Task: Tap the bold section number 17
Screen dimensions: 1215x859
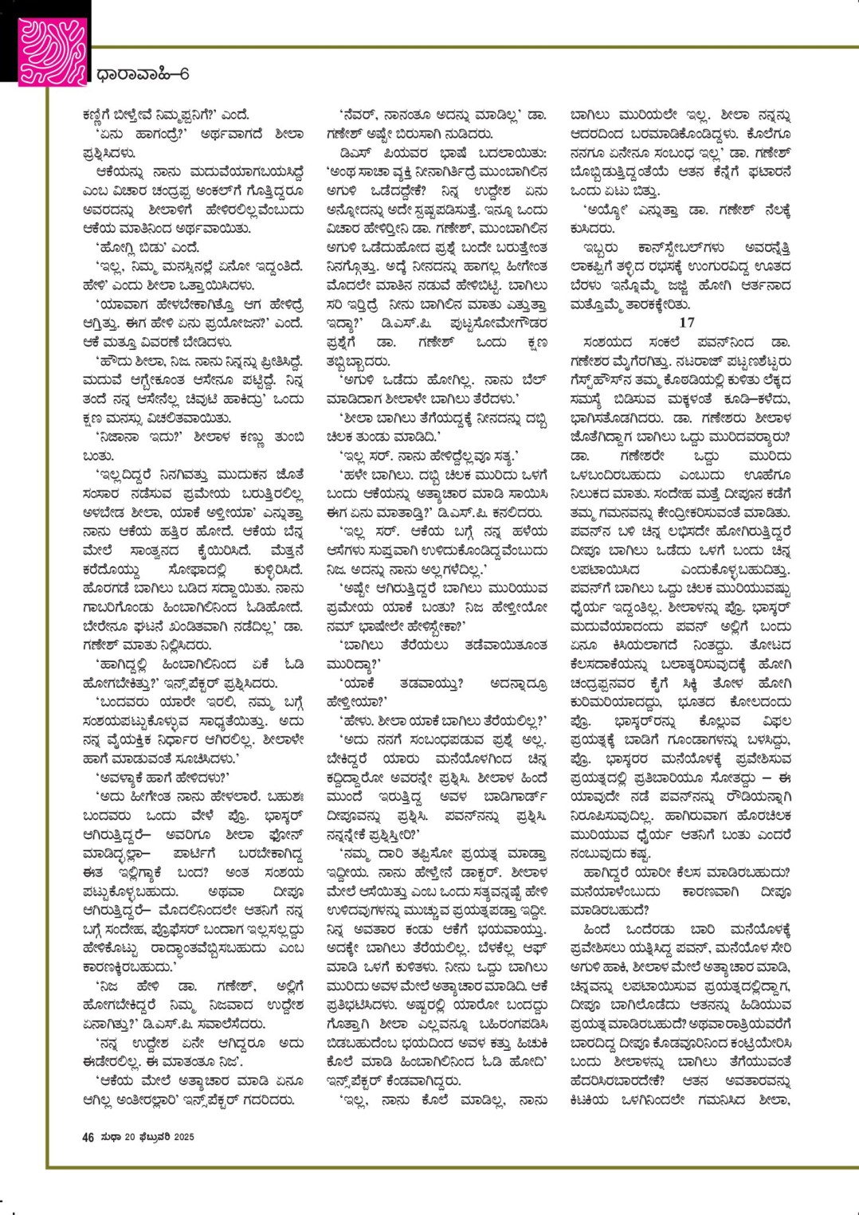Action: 686,323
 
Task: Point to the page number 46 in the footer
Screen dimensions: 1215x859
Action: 88,1137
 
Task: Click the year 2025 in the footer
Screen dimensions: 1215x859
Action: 184,1137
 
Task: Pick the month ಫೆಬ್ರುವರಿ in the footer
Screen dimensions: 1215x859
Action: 152,1137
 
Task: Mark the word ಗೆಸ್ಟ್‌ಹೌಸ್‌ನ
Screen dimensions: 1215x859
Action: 608,380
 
